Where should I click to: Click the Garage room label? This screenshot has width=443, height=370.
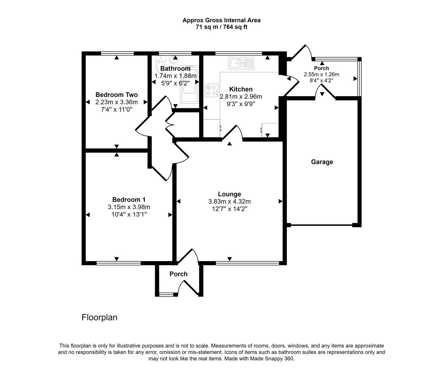tap(322, 162)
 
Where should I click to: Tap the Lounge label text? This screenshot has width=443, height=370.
tap(229, 194)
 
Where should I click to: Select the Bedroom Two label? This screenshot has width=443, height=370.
tap(116, 95)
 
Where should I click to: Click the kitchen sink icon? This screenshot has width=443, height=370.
tap(241, 63)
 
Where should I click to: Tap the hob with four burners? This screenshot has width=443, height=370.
tap(211, 90)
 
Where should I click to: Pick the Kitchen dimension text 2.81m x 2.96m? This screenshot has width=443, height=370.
tap(241, 97)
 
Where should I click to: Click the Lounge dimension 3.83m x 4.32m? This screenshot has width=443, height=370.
tap(229, 201)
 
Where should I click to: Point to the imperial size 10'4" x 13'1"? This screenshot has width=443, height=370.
tap(129, 214)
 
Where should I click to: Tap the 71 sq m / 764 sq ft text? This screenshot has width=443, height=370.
tap(221, 27)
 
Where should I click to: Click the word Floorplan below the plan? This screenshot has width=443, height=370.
tap(99, 318)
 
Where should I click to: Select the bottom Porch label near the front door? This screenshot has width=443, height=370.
tap(179, 274)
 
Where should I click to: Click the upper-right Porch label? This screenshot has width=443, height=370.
tap(321, 68)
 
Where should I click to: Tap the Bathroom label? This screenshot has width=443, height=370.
tap(175, 69)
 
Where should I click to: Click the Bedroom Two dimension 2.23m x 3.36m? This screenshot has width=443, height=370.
tap(116, 102)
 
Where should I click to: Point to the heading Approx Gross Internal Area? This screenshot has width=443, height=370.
tap(221, 20)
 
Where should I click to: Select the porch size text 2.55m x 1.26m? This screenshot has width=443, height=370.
tap(321, 74)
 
